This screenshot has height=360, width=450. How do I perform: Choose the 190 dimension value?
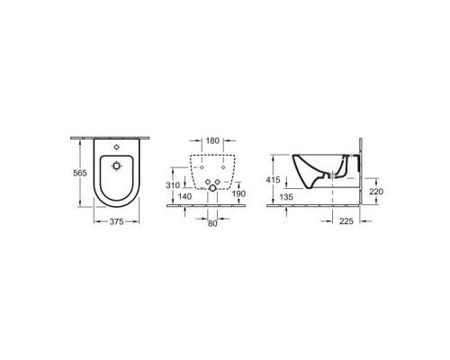(x=237, y=194)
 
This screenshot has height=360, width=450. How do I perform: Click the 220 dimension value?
(x=380, y=192)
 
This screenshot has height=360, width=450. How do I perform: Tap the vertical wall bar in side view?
(x=360, y=171)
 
